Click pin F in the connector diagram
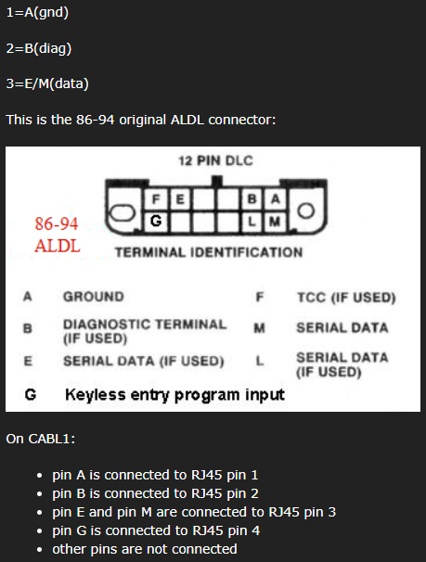pyautogui.click(x=156, y=198)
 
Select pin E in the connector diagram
pyautogui.click(x=180, y=198)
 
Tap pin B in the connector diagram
pyautogui.click(x=252, y=198)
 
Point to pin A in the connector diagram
pyautogui.click(x=276, y=198)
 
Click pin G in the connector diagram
pyautogui.click(x=156, y=221)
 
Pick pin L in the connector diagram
pyautogui.click(x=252, y=222)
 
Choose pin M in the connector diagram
pyautogui.click(x=275, y=222)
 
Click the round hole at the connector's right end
pyautogui.click(x=306, y=211)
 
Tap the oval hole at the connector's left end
pyautogui.click(x=123, y=213)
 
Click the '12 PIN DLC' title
pyautogui.click(x=215, y=160)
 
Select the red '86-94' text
pyautogui.click(x=57, y=224)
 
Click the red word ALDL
pyautogui.click(x=58, y=247)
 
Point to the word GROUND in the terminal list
pyautogui.click(x=94, y=297)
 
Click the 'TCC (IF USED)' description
pyautogui.click(x=346, y=298)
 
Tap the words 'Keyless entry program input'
pyautogui.click(x=174, y=395)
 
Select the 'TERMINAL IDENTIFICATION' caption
pyautogui.click(x=209, y=252)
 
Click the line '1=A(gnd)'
pyautogui.click(x=37, y=13)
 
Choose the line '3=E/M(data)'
pyautogui.click(x=47, y=83)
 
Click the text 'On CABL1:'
pyautogui.click(x=41, y=439)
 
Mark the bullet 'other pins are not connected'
pyautogui.click(x=145, y=549)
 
